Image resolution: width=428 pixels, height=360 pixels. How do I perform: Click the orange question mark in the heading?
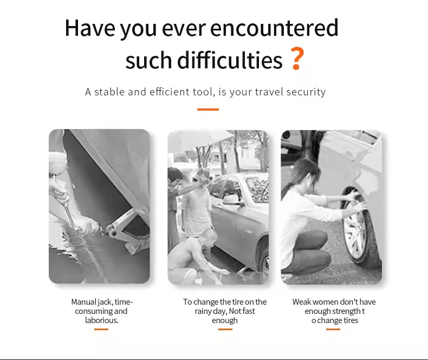click(297, 58)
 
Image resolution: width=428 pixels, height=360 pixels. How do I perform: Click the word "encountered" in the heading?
click(274, 28)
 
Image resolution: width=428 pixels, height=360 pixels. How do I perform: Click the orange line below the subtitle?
click(208, 110)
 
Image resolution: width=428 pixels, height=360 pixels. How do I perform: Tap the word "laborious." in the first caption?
click(101, 320)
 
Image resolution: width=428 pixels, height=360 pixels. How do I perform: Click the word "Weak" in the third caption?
click(302, 302)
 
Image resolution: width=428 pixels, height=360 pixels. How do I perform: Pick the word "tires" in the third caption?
click(351, 320)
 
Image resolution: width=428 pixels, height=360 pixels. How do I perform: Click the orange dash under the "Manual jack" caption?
click(101, 330)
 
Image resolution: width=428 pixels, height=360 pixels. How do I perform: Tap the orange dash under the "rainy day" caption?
click(225, 330)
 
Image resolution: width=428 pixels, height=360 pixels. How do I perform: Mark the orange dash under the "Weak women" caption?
click(333, 330)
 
